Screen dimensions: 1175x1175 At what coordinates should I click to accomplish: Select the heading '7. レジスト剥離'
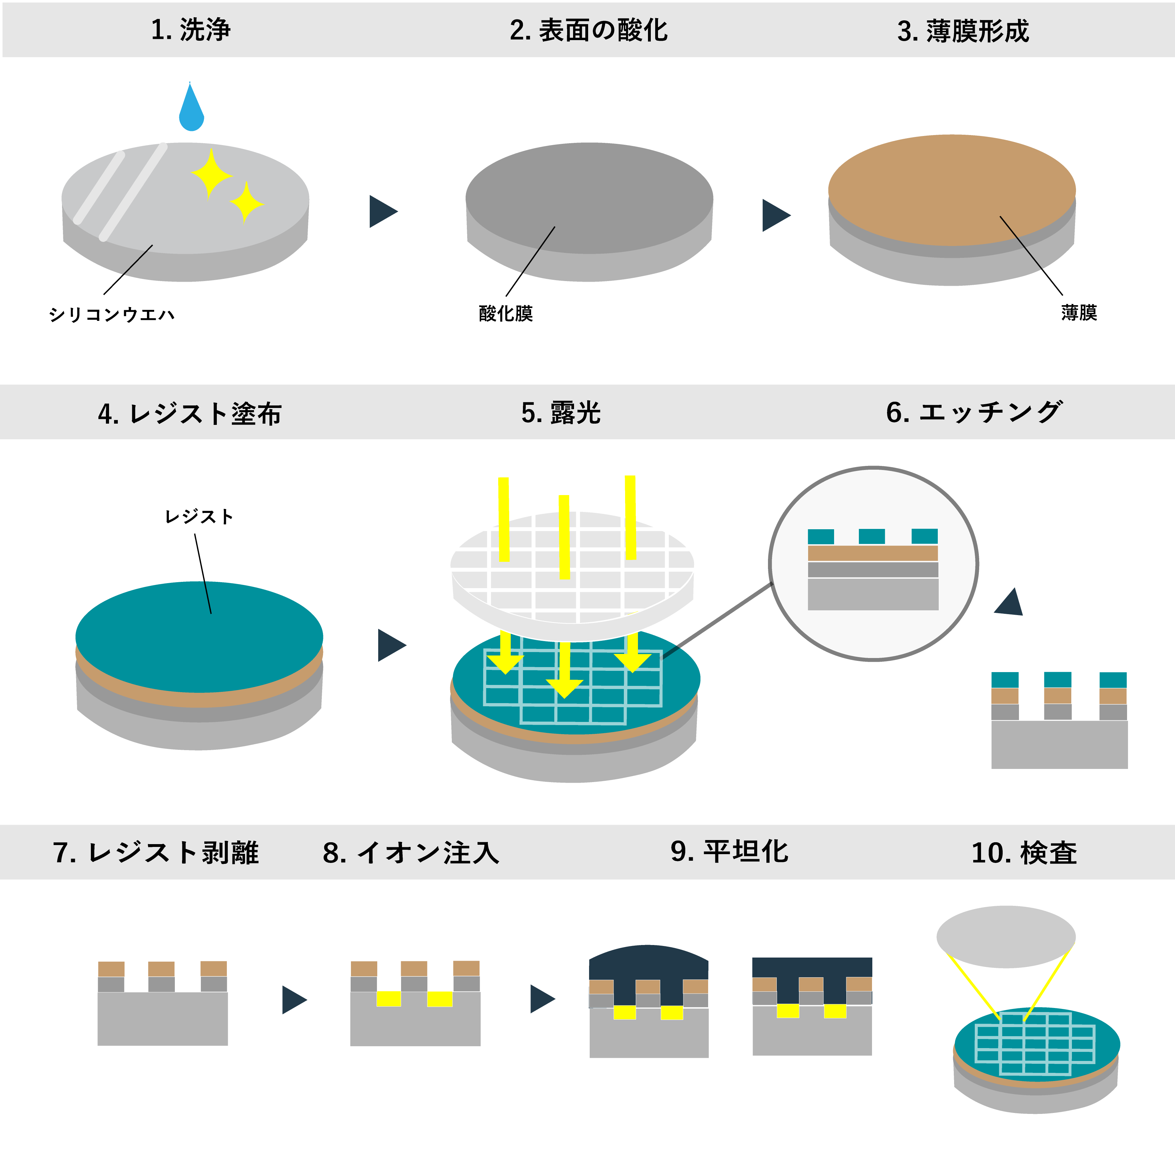[x=156, y=852]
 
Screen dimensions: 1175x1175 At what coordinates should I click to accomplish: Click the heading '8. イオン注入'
[x=411, y=852]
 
